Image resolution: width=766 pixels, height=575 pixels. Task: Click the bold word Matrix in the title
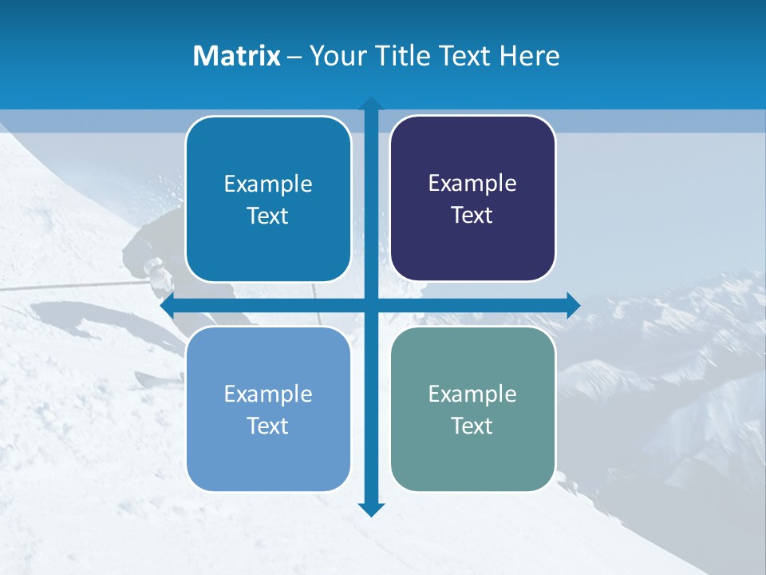click(237, 56)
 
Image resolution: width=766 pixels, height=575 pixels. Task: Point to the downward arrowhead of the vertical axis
click(371, 509)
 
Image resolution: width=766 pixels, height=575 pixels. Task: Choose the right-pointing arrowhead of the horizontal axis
click(572, 306)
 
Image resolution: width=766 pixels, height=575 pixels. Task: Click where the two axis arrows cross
click(371, 306)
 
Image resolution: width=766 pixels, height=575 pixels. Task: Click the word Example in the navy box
click(472, 184)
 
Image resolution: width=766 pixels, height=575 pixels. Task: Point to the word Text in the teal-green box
click(472, 426)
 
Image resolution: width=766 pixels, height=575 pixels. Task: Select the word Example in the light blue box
click(268, 395)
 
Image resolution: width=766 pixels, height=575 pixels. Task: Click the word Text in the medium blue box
click(268, 216)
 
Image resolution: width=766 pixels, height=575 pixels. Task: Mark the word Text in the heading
click(466, 56)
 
